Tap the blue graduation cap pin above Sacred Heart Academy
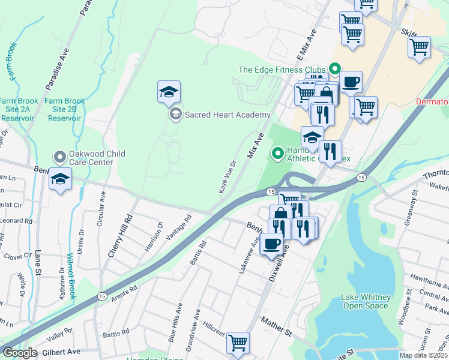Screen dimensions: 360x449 click(x=169, y=93)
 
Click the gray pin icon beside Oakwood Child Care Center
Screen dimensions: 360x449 click(x=59, y=158)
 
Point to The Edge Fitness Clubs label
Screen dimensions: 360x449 click(x=282, y=70)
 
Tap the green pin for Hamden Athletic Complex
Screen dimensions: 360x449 click(x=277, y=154)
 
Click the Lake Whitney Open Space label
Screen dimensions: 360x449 click(x=366, y=301)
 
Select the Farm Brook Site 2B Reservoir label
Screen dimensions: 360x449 click(x=65, y=110)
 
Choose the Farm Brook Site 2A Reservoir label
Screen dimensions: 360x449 click(x=19, y=110)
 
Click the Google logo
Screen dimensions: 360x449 click(x=20, y=353)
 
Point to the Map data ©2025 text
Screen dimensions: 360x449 click(x=423, y=355)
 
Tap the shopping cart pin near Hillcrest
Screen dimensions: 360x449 click(x=238, y=343)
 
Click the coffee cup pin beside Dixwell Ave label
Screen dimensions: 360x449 click(x=271, y=244)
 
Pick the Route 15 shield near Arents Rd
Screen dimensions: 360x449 click(x=101, y=296)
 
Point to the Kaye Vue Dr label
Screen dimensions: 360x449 click(x=228, y=176)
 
